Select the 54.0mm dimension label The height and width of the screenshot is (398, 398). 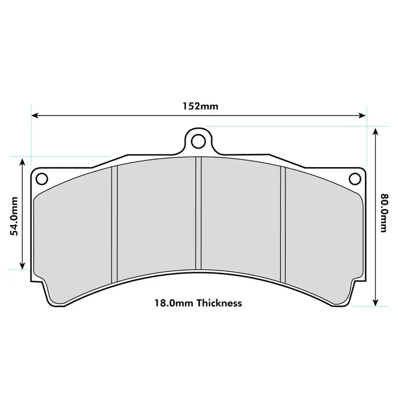tap(14, 215)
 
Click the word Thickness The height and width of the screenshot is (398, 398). tap(219, 303)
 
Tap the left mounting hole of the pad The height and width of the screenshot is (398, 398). tap(42, 179)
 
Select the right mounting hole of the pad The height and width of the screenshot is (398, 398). tap(355, 179)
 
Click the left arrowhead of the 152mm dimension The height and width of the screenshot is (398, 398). tap(34, 115)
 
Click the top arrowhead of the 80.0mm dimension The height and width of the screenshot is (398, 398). tap(375, 130)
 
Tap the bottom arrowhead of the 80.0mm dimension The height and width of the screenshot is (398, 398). tap(375, 304)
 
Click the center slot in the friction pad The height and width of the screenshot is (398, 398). tap(198, 213)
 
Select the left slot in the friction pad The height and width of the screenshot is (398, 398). tap(114, 223)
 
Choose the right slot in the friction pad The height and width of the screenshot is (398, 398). tap(283, 223)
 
